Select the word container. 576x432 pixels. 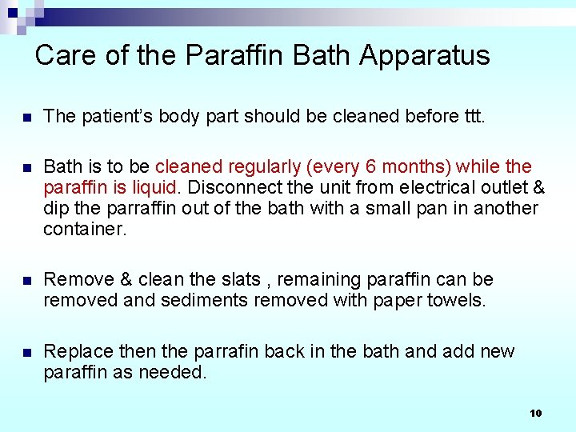[83, 229]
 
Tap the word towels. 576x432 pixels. [455, 300]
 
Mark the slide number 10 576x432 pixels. [536, 413]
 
